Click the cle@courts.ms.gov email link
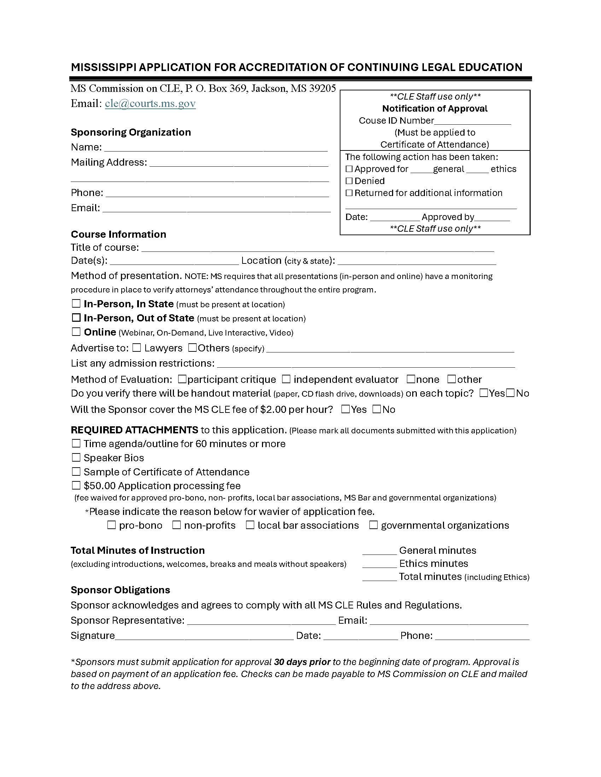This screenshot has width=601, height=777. (150, 103)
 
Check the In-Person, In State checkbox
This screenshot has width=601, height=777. (76, 303)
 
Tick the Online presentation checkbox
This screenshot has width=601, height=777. (76, 332)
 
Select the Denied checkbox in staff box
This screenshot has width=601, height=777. (349, 181)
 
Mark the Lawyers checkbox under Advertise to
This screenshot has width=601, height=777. (137, 348)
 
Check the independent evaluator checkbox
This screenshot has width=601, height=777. (286, 379)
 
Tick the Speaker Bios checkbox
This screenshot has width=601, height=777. (76, 457)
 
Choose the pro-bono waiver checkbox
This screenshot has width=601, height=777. (111, 525)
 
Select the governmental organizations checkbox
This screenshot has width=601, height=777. (373, 525)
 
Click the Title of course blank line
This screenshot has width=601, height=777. (317, 248)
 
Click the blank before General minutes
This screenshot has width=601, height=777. (379, 551)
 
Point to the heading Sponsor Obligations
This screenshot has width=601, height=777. (120, 590)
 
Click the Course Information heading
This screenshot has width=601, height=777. (118, 234)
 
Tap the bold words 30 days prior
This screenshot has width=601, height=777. (302, 662)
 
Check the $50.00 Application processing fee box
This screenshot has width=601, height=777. (76, 485)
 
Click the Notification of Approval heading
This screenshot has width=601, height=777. (435, 108)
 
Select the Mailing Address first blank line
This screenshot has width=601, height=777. (239, 164)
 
